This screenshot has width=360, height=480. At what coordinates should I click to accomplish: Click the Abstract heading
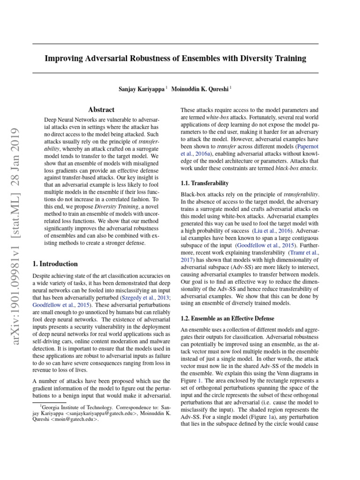(x=101, y=110)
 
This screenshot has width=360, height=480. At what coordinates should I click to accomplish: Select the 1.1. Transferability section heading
(x=205, y=183)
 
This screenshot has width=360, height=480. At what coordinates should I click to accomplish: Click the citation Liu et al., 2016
(x=264, y=231)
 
